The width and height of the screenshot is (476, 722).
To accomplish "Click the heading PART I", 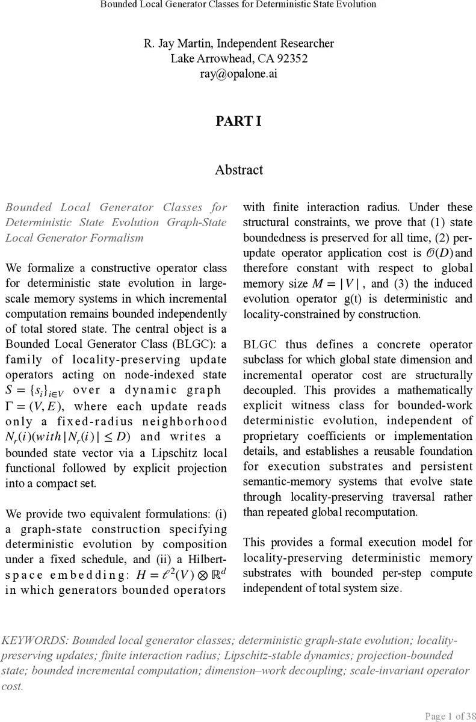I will tap(239, 122).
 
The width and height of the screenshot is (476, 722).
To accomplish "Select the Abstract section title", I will tap(239, 170).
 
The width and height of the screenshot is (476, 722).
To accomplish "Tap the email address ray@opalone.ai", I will tap(239, 74).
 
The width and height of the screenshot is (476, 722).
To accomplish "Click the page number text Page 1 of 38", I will tap(449, 715).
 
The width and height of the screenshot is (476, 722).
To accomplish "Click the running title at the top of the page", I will tap(238, 5).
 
